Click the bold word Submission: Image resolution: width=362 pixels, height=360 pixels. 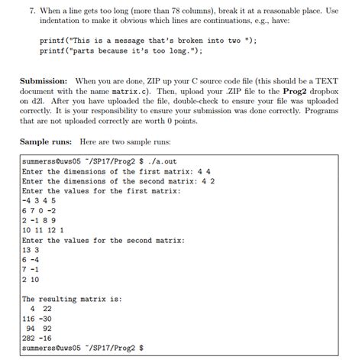click(x=45, y=80)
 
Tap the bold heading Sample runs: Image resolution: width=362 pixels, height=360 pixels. click(x=47, y=142)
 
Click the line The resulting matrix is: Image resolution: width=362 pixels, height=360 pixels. click(x=72, y=299)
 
